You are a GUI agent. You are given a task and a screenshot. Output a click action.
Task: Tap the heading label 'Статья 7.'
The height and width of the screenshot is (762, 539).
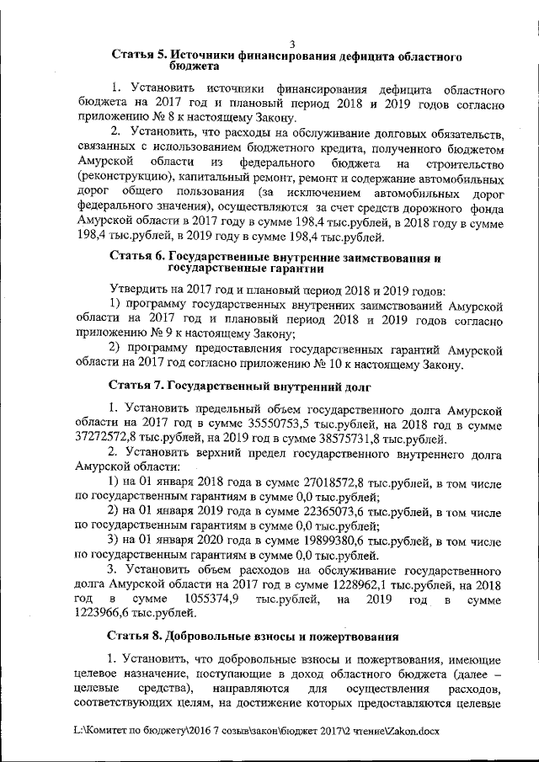138,386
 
